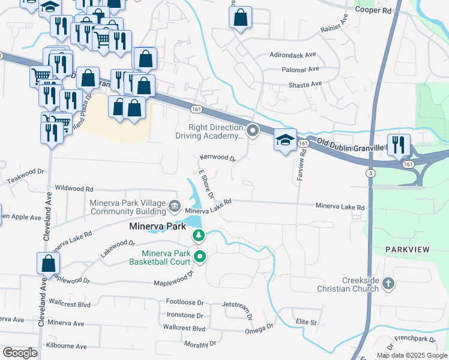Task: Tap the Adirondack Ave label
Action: (x=293, y=54)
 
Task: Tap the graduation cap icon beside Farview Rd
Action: (x=285, y=141)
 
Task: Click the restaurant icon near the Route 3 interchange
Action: (x=399, y=145)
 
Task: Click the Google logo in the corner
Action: (x=20, y=352)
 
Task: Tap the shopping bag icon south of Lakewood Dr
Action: (x=48, y=263)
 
